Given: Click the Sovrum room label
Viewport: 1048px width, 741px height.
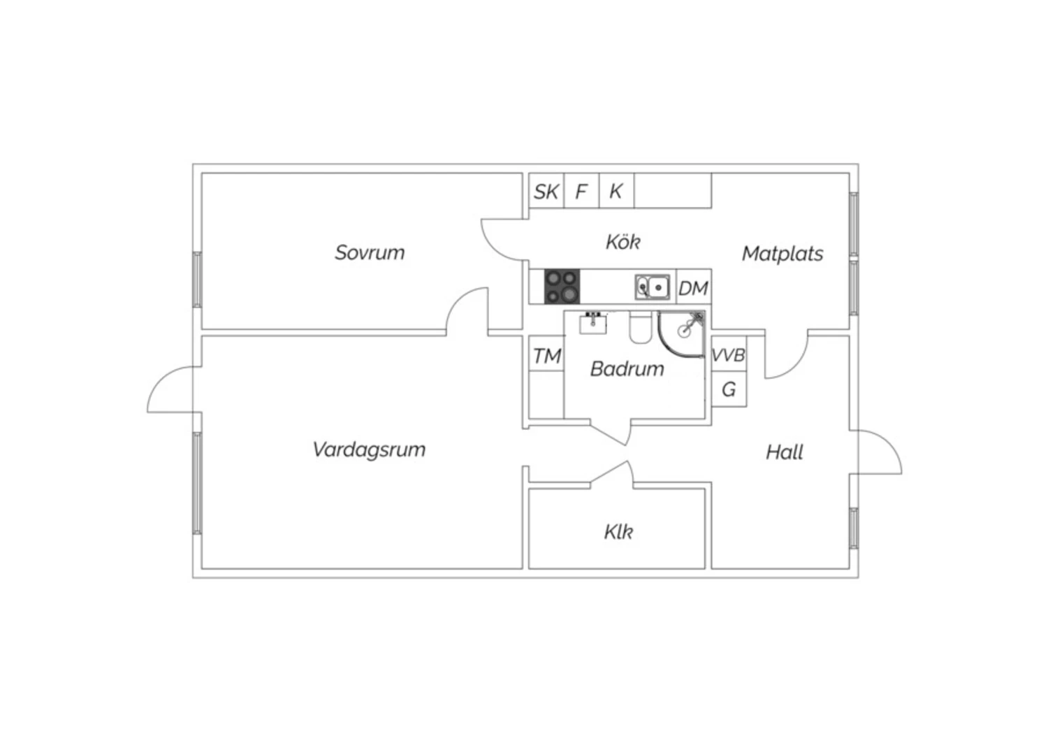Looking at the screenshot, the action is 370,253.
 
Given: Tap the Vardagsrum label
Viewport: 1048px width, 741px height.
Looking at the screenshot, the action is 369,450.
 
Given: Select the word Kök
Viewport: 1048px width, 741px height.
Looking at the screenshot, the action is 623,242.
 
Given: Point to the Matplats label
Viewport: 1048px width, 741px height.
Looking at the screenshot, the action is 783,254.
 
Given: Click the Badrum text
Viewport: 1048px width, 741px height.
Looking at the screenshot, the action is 627,369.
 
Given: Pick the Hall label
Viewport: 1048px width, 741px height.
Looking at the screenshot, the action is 784,452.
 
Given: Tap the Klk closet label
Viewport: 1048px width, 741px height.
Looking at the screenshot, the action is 618,532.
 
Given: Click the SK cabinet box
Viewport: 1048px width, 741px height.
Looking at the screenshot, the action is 546,191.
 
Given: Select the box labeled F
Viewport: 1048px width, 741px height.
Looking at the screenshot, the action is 581,191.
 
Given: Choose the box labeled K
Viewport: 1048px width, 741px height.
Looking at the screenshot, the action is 617,191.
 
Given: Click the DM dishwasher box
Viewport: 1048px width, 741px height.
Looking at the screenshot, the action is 694,287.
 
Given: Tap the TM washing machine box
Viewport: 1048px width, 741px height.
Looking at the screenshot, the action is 546,354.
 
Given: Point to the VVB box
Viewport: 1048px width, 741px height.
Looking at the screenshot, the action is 729,354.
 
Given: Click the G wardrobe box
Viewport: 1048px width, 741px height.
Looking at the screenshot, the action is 729,389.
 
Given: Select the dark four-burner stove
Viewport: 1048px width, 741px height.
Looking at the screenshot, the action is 562,287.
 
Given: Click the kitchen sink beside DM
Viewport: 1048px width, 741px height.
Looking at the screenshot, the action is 652,287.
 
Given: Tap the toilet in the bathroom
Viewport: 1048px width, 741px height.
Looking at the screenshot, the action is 640,327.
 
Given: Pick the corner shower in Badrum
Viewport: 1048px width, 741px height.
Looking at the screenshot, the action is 681,334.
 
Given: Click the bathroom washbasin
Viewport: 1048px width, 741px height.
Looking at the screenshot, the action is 593,324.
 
